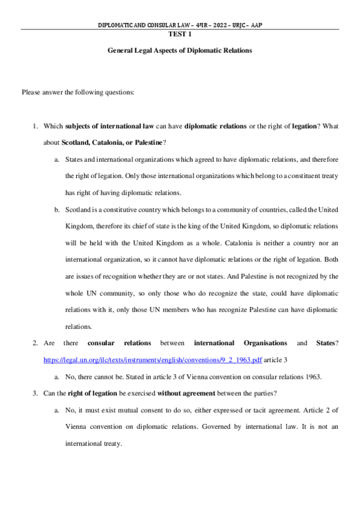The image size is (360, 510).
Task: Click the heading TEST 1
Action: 180,34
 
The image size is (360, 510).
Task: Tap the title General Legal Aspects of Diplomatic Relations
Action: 179,51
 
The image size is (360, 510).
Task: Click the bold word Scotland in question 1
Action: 76,143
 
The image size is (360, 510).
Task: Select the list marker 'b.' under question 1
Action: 56,210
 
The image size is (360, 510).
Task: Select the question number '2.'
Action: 35,343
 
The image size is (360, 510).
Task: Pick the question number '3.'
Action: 35,394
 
